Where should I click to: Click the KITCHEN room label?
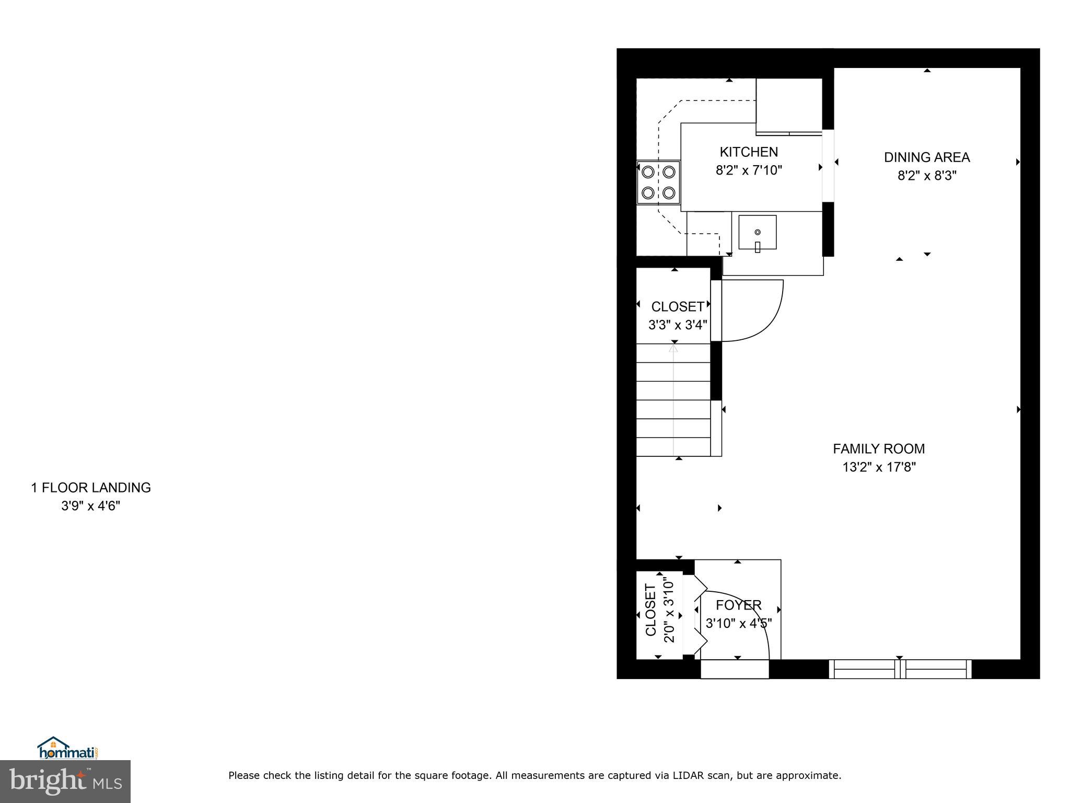point(748,152)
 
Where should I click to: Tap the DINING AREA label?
point(926,157)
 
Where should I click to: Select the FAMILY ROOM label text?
point(878,449)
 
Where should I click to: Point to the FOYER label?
point(738,605)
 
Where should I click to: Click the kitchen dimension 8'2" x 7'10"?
point(748,170)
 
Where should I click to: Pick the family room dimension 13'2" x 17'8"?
point(879,467)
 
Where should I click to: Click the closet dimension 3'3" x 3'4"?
point(677,325)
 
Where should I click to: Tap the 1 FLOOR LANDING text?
point(91,488)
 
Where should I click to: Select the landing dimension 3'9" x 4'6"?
point(91,506)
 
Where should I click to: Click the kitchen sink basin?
point(757,233)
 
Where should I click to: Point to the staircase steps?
point(673,400)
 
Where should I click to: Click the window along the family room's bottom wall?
point(900,669)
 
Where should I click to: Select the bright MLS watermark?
point(65,782)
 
